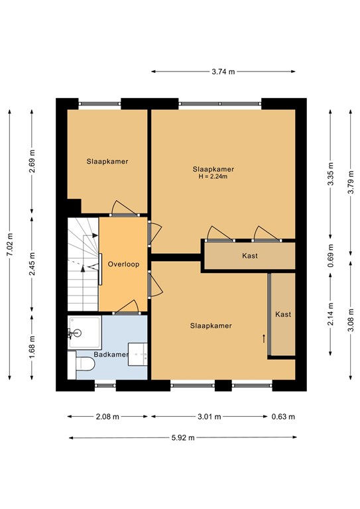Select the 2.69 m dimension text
point(32,162)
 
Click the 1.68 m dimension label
point(32,345)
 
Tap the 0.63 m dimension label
point(282,417)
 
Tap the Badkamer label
point(111,355)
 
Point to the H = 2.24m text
point(213,177)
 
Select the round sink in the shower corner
point(74,333)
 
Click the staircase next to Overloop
point(82,265)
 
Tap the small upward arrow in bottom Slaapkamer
point(263,339)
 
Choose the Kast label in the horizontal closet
point(249,256)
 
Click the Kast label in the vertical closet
point(283,315)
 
